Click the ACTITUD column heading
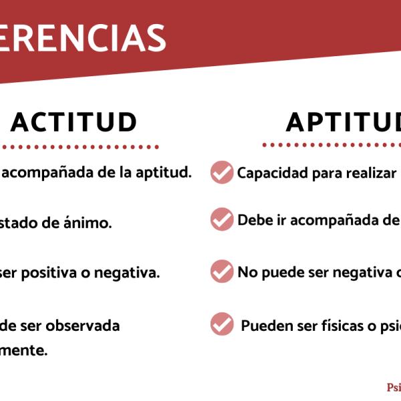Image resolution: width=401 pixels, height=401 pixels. tap(74, 122)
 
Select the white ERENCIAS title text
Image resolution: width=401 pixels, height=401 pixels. tap(84, 38)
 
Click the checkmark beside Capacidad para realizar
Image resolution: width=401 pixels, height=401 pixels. tap(222, 172)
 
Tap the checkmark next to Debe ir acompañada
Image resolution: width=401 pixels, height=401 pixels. tap(222, 219)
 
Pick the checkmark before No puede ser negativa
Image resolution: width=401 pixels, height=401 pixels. tap(222, 271)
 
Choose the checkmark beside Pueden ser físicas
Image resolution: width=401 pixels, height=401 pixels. tap(222, 324)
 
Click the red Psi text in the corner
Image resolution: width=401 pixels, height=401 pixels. tap(394, 388)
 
